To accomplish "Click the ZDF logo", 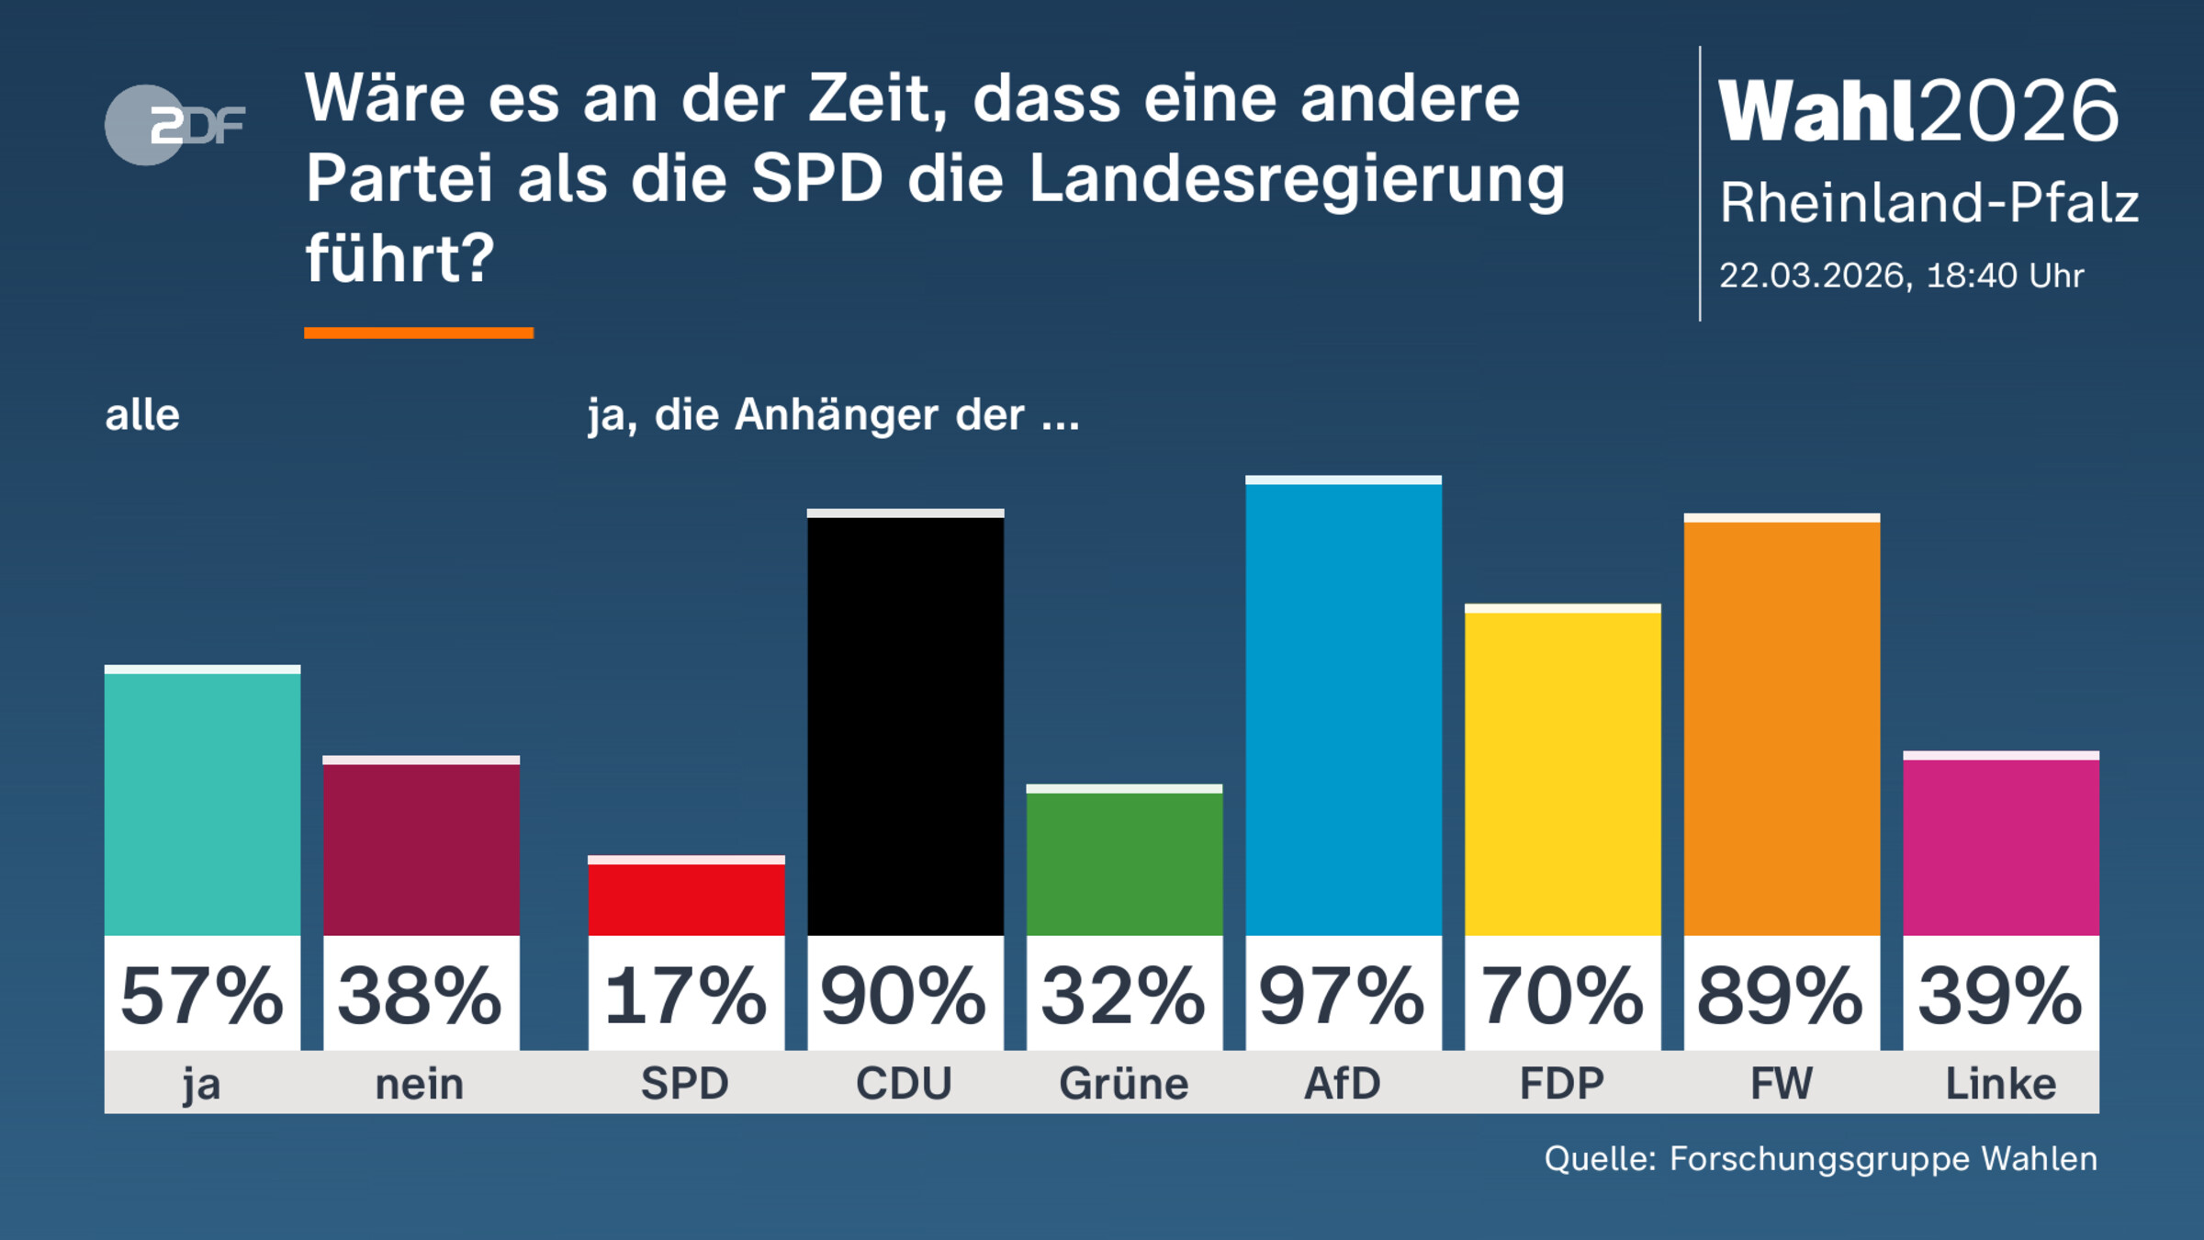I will point(174,125).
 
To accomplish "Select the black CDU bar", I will point(905,726).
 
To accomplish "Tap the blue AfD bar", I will point(1343,707).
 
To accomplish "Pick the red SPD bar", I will point(686,898).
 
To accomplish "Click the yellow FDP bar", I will point(1562,772).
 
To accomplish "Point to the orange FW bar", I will point(1781,726).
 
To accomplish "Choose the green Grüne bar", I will point(1124,862).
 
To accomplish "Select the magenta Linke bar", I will point(2000,845).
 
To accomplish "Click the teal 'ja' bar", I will point(202,802).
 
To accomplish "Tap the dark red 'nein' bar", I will point(421,847).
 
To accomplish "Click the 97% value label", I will point(1343,996).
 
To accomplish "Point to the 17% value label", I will point(686,996).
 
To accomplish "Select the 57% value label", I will point(202,996).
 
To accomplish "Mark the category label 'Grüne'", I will point(1124,1084).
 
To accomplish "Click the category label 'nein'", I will point(421,1084).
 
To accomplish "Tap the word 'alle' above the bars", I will point(142,415).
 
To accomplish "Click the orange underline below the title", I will point(419,333).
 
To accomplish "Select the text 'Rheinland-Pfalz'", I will point(1928,203).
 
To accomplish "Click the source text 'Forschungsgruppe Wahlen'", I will point(1883,1159).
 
